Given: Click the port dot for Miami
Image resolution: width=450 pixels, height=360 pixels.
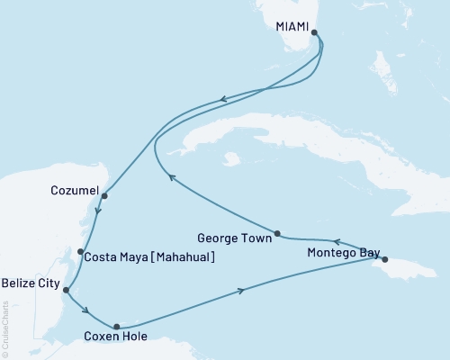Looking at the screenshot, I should pyautogui.click(x=314, y=32).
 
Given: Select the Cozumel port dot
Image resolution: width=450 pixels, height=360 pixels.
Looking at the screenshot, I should pyautogui.click(x=104, y=195).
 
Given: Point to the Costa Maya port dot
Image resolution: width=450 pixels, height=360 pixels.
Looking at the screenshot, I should pyautogui.click(x=81, y=252).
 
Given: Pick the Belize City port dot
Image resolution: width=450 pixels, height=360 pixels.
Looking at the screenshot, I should pyautogui.click(x=66, y=290).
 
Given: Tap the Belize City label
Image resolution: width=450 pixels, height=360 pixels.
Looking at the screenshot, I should pyautogui.click(x=30, y=284).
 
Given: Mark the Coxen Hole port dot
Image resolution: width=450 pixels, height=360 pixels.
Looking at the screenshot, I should pyautogui.click(x=116, y=327).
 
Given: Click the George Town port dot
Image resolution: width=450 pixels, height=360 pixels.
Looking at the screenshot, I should pyautogui.click(x=277, y=233).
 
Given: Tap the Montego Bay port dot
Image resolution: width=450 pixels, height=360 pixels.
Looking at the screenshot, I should pyautogui.click(x=384, y=259).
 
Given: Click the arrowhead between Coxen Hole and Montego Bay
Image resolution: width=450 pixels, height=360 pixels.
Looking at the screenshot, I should pyautogui.click(x=241, y=290).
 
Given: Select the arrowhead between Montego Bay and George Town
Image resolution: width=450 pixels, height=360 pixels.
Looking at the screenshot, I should pyautogui.click(x=337, y=241).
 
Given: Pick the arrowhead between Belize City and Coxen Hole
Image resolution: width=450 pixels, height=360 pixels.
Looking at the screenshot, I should pyautogui.click(x=85, y=311).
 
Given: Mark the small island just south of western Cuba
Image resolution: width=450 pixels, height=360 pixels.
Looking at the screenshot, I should pyautogui.click(x=232, y=159).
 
